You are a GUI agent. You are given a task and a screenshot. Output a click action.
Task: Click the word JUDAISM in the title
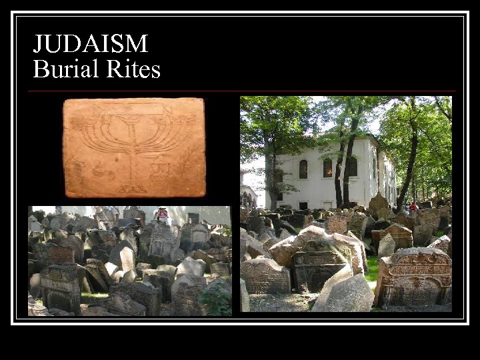[x=91, y=44]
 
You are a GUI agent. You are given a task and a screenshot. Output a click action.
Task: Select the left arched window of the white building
[x=303, y=169]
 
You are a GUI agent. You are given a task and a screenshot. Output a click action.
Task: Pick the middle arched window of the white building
[x=327, y=167]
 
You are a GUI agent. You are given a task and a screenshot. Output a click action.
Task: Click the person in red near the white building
[x=413, y=207]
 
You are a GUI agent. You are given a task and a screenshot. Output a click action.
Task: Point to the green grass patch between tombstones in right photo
[x=372, y=269]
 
